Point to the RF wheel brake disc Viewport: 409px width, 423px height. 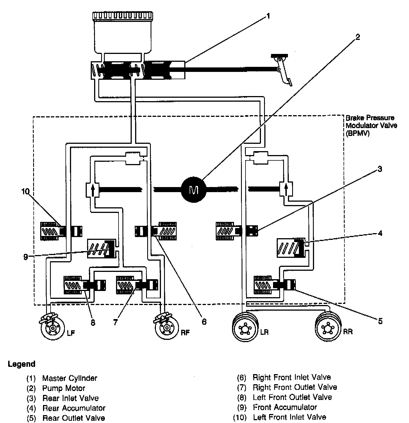tap(167, 328)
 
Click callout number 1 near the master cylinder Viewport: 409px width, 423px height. tap(268, 16)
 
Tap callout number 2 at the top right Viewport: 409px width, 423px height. tap(357, 37)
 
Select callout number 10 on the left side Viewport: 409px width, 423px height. tap(25, 192)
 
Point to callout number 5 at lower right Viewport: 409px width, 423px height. tap(380, 321)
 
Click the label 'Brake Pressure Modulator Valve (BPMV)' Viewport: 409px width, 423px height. tap(371, 125)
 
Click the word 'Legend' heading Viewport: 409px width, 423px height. tap(22, 364)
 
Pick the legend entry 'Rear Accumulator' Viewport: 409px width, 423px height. tap(74, 408)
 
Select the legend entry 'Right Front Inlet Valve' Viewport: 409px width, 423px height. tap(292, 377)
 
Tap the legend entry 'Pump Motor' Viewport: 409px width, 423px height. tap(63, 388)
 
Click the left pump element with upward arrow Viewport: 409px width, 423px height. tap(92, 190)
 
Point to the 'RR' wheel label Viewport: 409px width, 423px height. tap(348, 332)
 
